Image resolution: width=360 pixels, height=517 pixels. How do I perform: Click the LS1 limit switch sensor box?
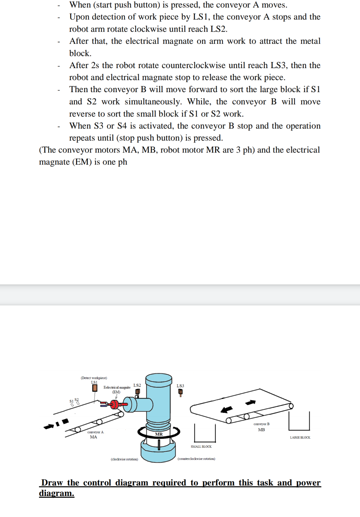click(95, 388)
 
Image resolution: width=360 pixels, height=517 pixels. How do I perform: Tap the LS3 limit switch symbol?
click(180, 392)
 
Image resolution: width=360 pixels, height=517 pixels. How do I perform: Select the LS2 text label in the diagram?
click(137, 385)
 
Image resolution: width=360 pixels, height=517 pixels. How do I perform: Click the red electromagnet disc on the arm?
click(115, 405)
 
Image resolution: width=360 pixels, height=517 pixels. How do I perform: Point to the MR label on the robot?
click(159, 434)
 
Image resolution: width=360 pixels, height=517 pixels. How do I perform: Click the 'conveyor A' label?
click(95, 432)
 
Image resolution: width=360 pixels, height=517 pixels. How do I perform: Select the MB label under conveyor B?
click(261, 430)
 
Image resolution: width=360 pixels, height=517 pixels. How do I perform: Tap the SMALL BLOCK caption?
click(201, 446)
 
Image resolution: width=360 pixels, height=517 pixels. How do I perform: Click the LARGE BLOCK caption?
click(300, 437)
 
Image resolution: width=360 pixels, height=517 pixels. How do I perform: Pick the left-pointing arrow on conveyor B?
click(226, 409)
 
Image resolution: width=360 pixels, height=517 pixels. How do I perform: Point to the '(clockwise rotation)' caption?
click(124, 459)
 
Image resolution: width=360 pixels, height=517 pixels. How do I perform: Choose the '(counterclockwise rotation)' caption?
click(196, 459)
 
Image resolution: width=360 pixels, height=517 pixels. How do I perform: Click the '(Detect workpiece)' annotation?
click(94, 378)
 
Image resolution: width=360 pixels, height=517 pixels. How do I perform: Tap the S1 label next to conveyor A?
click(71, 401)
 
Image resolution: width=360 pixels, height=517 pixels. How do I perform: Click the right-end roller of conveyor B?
click(291, 406)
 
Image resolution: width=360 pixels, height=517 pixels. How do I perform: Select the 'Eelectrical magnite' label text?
click(117, 387)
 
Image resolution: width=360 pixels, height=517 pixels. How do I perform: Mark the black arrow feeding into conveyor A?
click(49, 426)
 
